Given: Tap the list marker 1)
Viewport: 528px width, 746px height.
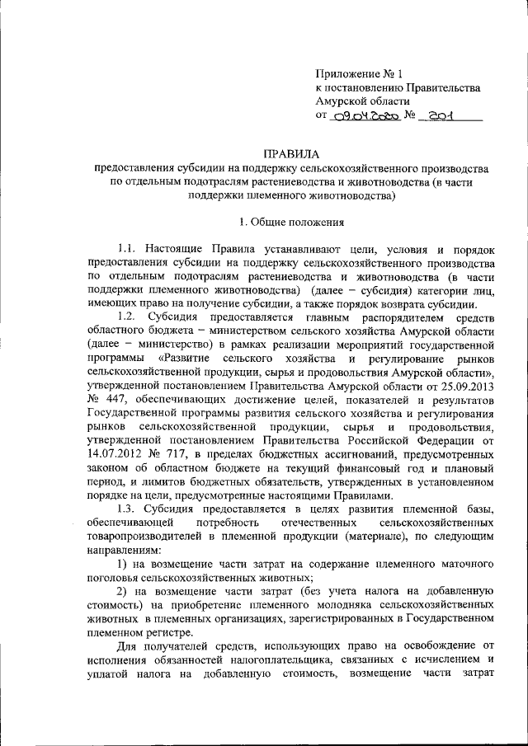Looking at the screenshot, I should (123, 563).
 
